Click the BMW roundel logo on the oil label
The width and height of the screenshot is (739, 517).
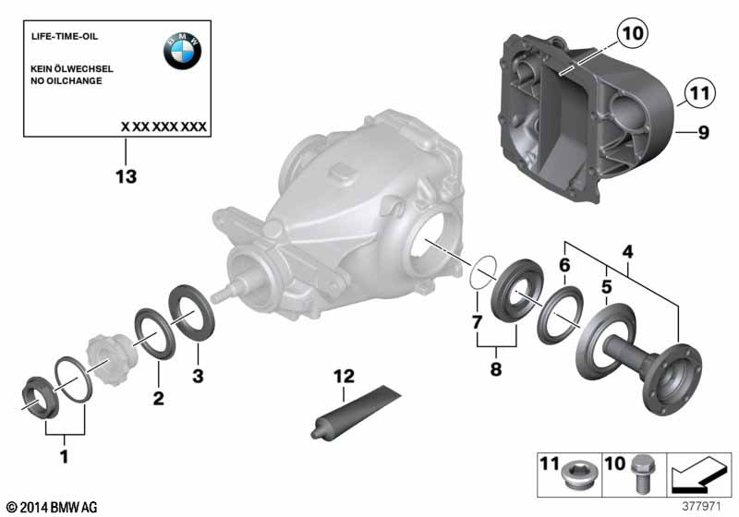pos(182,51)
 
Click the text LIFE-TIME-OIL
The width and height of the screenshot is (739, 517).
pos(65,36)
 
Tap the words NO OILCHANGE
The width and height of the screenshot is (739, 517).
pos(67,81)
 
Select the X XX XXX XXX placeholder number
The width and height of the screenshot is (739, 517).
pos(164,126)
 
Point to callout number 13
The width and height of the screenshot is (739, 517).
pos(127,177)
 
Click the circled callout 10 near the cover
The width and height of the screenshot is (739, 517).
pos(633,33)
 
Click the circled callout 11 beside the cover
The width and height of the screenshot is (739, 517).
pos(700,92)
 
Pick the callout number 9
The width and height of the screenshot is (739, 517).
pos(704,132)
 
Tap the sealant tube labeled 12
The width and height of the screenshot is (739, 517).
pos(356,413)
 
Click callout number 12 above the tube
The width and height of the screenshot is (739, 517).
pos(344,377)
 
